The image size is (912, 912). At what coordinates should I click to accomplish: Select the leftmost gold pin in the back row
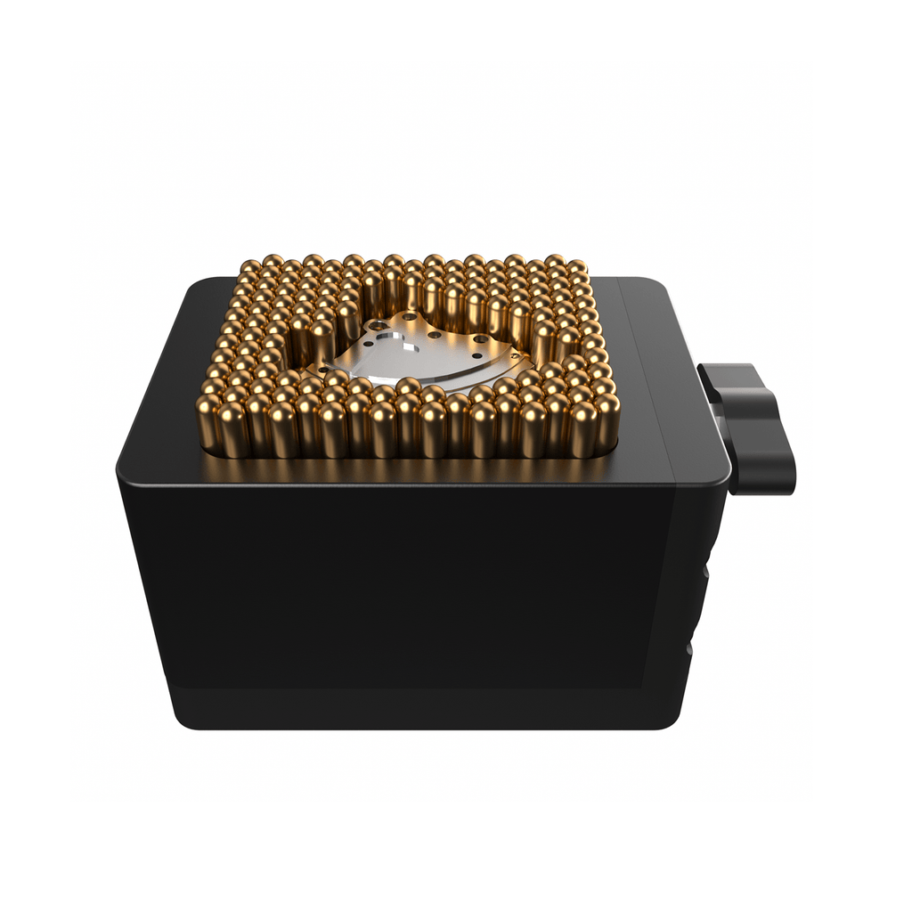coord(251,266)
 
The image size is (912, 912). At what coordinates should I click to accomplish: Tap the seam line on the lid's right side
coord(648,374)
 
